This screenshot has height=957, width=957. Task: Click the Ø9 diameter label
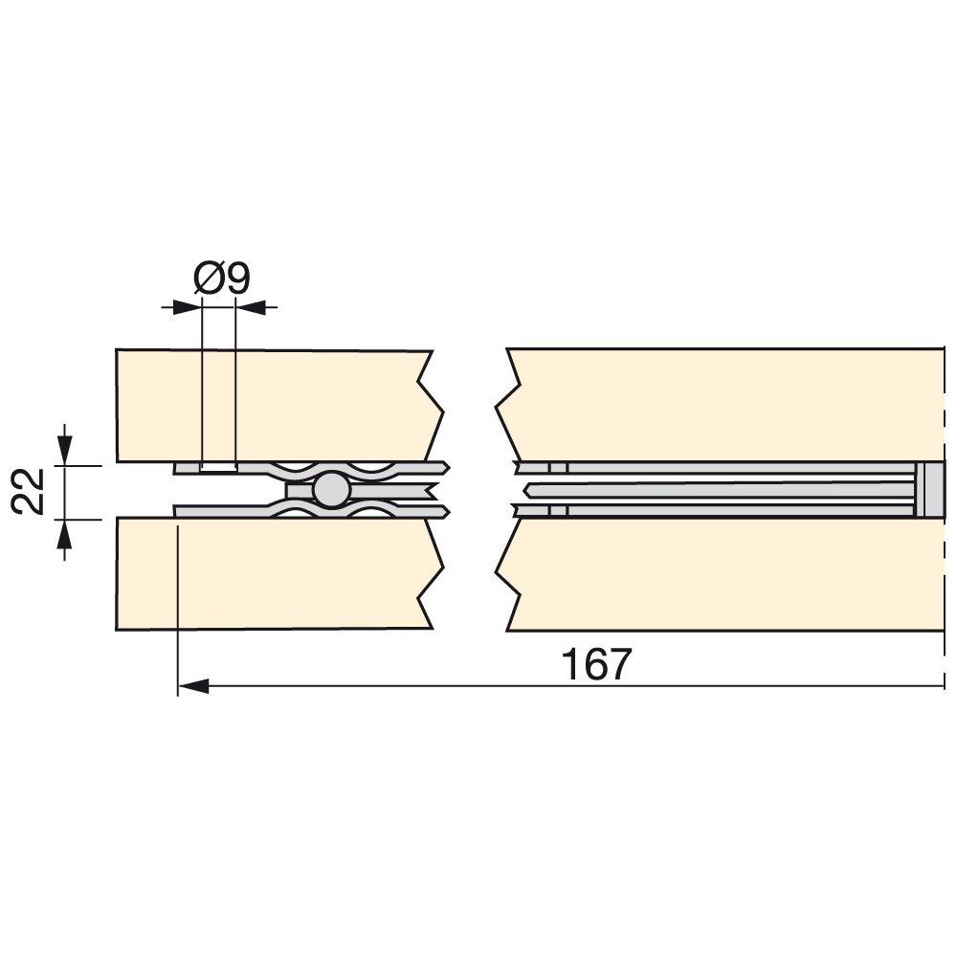point(222,278)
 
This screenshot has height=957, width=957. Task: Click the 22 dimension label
point(29,492)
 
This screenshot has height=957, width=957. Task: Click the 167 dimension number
point(596,665)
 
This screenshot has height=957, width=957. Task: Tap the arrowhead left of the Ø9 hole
point(187,307)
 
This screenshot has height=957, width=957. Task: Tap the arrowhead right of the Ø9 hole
point(251,307)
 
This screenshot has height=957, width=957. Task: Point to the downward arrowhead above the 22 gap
point(65,451)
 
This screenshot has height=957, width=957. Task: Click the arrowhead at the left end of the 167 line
point(193,686)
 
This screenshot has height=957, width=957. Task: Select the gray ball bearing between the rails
point(331,489)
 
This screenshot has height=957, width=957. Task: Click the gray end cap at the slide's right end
point(931,490)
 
